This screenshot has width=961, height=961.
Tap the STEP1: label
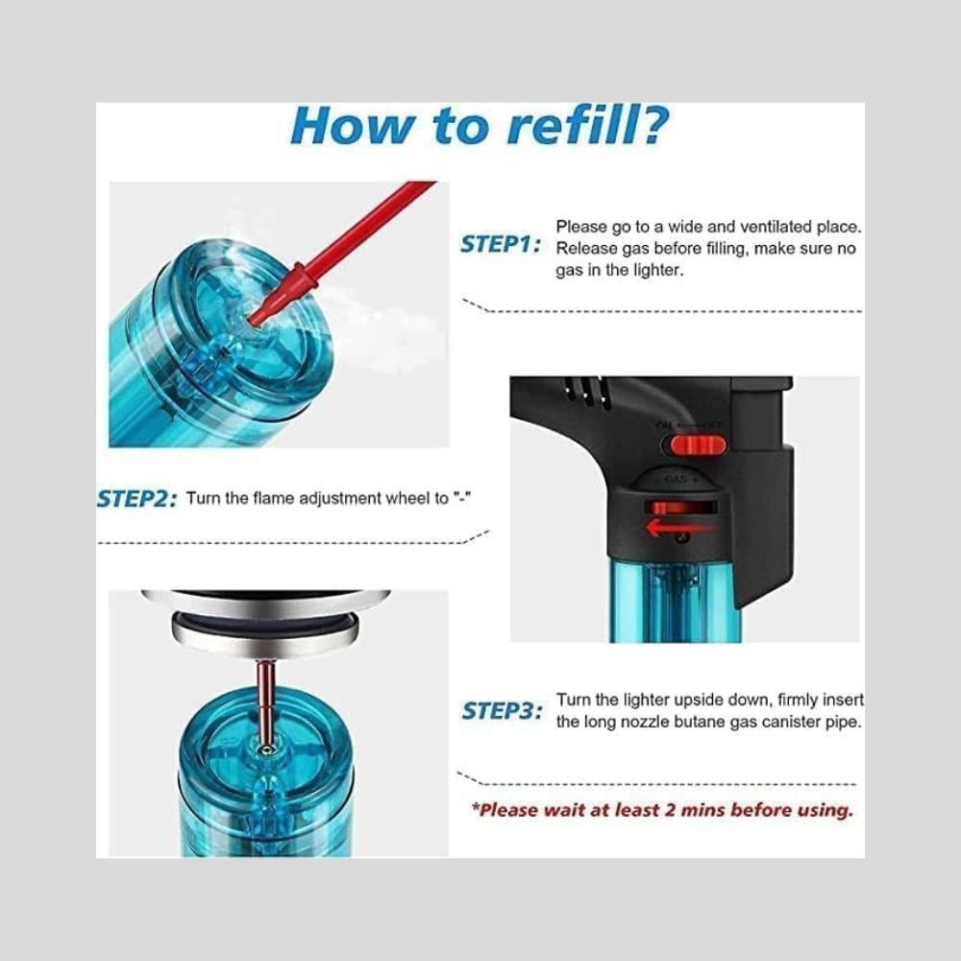[501, 244]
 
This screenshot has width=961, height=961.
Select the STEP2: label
[137, 498]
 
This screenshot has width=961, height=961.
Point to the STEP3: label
[502, 711]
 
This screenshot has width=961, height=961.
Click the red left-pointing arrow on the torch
[681, 527]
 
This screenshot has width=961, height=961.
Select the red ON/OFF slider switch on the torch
[697, 445]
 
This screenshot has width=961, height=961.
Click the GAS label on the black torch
[676, 480]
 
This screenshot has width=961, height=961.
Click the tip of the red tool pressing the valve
[251, 319]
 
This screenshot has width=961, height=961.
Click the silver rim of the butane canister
[265, 631]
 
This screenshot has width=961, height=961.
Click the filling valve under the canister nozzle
[266, 749]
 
